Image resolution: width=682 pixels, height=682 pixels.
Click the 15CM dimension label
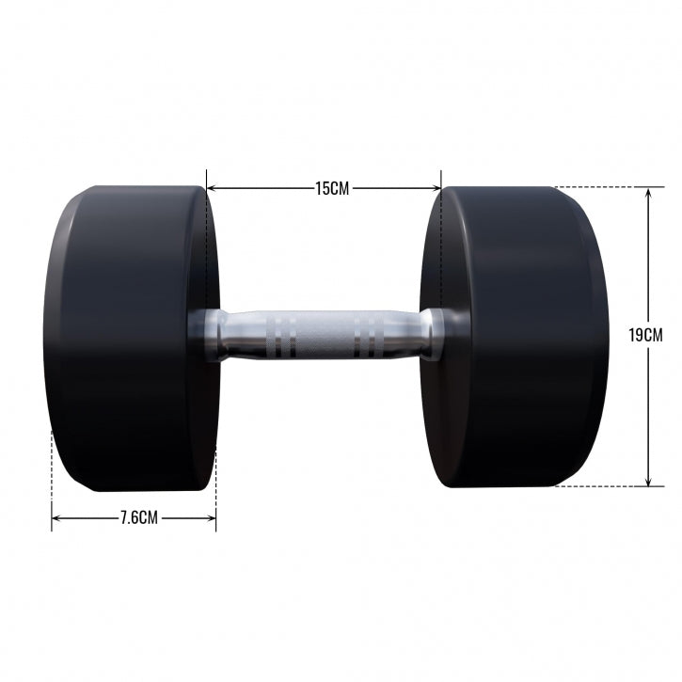point(331,188)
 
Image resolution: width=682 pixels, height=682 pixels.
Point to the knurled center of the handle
point(325,334)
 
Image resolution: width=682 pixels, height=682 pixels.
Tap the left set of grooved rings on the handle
point(281,334)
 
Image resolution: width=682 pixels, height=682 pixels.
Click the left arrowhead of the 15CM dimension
point(211,188)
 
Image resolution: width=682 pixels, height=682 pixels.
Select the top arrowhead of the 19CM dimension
point(649,191)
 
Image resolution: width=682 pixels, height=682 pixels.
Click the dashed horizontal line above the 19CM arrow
point(602,186)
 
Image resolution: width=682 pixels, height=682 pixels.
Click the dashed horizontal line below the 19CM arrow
point(602,486)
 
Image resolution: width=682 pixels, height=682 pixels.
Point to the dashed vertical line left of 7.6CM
point(52,470)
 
